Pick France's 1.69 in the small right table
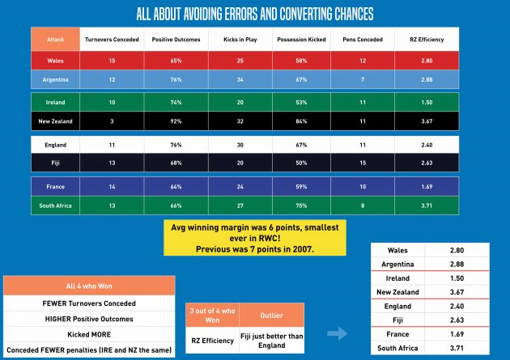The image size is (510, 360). (455, 333)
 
